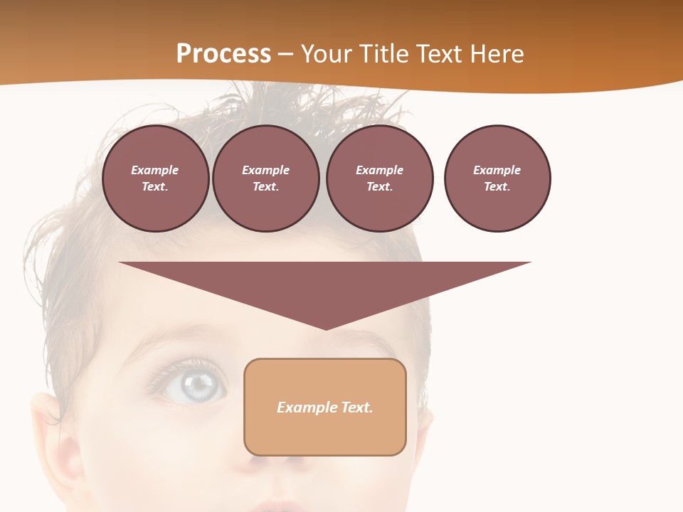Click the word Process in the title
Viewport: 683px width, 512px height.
pos(223,54)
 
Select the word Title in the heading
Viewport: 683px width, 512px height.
pos(385,54)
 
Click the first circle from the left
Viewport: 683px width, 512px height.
pos(155,178)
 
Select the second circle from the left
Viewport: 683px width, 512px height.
pos(266,178)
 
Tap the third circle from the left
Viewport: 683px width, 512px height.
pos(379,178)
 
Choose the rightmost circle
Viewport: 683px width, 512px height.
pos(497,178)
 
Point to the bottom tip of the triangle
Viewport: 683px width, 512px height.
pos(325,328)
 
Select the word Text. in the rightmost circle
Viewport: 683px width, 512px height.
pos(497,187)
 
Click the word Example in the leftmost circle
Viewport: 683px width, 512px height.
pos(155,170)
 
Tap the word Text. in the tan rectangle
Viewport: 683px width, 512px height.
pos(357,407)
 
